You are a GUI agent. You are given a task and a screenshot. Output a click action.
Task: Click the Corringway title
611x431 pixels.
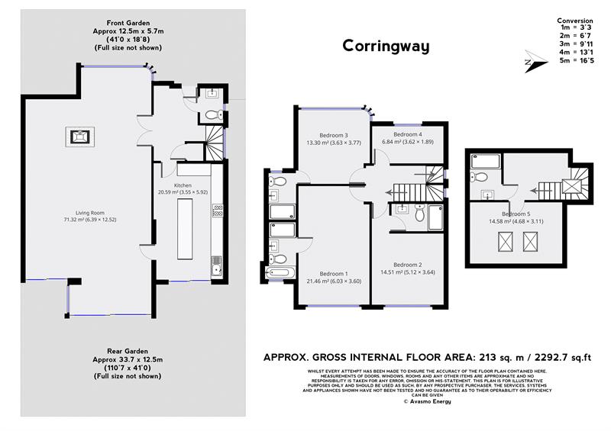coord(386,46)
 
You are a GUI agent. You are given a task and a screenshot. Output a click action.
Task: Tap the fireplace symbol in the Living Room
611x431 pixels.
coord(79,137)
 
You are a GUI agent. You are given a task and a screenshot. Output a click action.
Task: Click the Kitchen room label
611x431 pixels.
coord(183,185)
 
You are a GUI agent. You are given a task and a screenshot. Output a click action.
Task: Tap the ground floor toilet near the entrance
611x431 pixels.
coord(212,116)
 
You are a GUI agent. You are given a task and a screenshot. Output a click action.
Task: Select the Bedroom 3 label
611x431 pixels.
coord(333,135)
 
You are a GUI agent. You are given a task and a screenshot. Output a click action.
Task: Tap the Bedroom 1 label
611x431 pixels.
coord(333,274)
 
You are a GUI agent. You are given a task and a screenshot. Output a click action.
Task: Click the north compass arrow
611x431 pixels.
coord(526,60)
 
